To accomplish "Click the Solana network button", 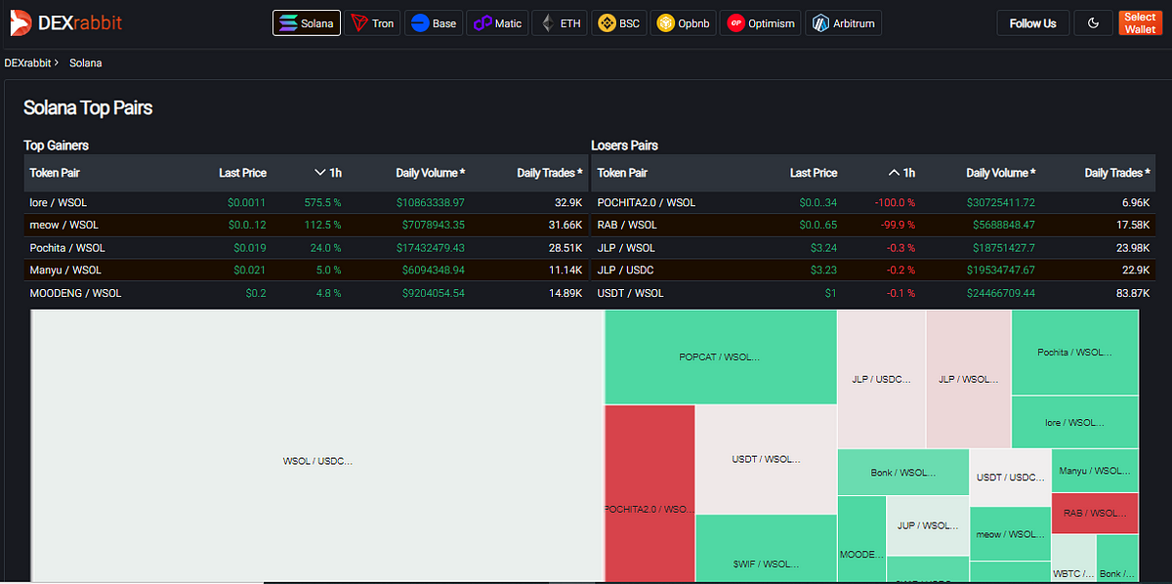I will point(307,23).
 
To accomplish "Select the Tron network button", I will point(373,23).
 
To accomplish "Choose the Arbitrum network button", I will point(844,23).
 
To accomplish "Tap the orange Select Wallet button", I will point(1139,23).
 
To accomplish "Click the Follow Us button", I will point(1032,23).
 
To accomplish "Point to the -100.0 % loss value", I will point(894,202).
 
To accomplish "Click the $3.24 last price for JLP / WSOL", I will point(822,248).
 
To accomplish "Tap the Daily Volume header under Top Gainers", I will point(430,173).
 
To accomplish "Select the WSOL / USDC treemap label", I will point(317,461).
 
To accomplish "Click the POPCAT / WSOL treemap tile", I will point(720,357).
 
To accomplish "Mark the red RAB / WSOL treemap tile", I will point(1094,513).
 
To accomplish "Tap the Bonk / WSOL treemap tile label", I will point(902,473).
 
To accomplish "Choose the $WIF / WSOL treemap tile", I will point(766,563).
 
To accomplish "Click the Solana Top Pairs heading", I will point(88,107).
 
